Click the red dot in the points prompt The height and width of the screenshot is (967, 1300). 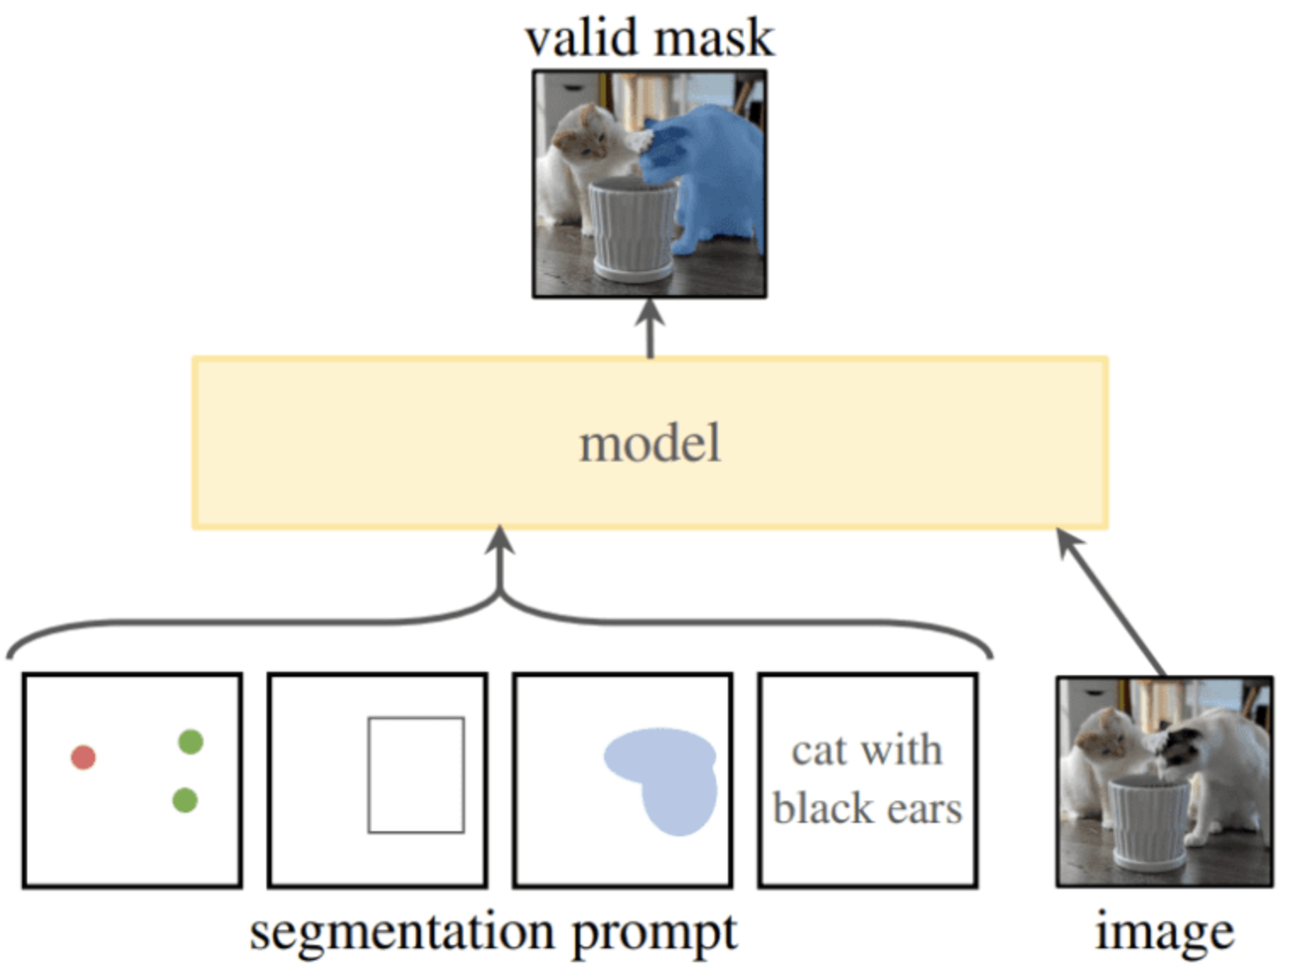(83, 757)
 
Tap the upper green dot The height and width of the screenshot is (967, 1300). (191, 741)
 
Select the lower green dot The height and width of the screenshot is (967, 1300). (185, 799)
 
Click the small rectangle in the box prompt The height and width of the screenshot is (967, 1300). (416, 774)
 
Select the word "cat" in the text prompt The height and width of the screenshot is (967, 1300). (819, 751)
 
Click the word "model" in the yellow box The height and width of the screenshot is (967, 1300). (650, 444)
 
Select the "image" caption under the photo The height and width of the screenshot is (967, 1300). (1164, 932)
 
